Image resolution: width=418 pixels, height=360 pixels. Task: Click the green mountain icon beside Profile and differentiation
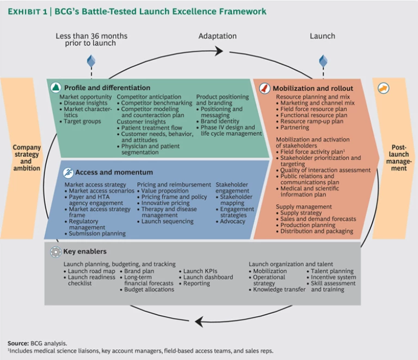click(55, 88)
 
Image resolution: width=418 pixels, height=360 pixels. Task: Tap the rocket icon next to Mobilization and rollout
click(265, 88)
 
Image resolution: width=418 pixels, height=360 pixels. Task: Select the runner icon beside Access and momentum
click(67, 172)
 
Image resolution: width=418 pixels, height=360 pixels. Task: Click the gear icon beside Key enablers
click(55, 252)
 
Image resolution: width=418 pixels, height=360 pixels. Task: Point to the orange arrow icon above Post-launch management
click(383, 88)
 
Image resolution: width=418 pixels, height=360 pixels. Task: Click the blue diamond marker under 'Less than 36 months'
click(91, 60)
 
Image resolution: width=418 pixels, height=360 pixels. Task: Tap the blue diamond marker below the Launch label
click(323, 61)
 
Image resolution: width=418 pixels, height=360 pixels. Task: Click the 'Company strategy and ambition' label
click(27, 158)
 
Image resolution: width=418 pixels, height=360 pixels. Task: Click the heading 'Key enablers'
click(85, 252)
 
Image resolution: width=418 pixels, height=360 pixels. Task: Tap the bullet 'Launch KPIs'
click(200, 271)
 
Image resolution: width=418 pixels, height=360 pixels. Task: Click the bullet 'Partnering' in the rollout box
click(296, 128)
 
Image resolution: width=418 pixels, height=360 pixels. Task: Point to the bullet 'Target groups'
click(82, 122)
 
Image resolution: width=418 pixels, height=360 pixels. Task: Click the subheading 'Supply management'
click(303, 207)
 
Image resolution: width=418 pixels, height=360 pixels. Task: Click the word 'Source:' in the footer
click(19, 343)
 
